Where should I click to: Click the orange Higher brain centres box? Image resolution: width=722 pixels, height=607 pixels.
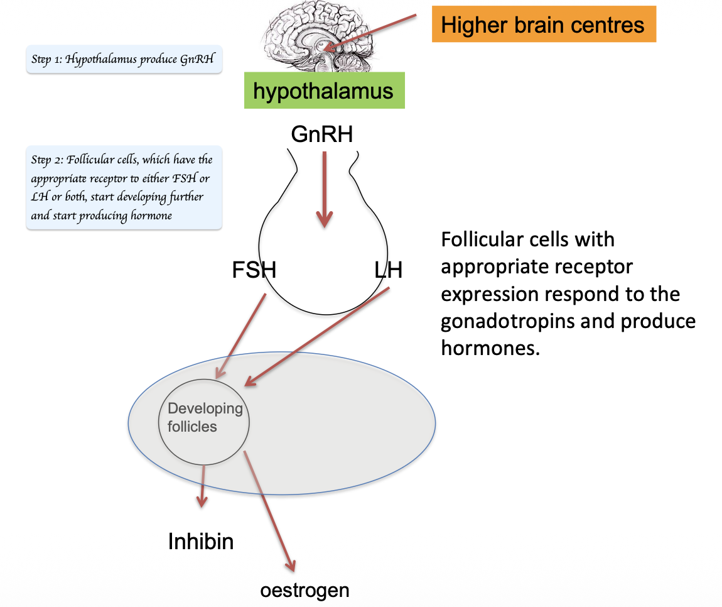click(543, 25)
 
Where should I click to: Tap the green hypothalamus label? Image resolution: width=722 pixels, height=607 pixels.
click(323, 91)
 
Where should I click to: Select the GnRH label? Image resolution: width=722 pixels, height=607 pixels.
click(322, 134)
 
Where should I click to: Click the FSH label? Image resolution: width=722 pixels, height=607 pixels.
click(254, 271)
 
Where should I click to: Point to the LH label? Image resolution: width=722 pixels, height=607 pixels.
click(387, 271)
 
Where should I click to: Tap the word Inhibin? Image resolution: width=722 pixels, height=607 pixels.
click(201, 541)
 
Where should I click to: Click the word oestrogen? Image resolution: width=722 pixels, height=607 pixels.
click(304, 591)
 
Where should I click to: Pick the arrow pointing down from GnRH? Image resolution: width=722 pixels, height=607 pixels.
click(324, 189)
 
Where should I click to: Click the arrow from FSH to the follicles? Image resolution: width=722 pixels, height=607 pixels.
click(241, 336)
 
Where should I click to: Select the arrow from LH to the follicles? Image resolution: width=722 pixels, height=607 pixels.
click(318, 336)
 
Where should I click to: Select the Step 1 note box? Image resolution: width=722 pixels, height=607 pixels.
click(124, 60)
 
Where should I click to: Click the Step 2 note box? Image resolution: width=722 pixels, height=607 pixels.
click(124, 188)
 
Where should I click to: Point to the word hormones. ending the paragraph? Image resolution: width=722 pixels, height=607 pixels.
click(490, 348)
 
